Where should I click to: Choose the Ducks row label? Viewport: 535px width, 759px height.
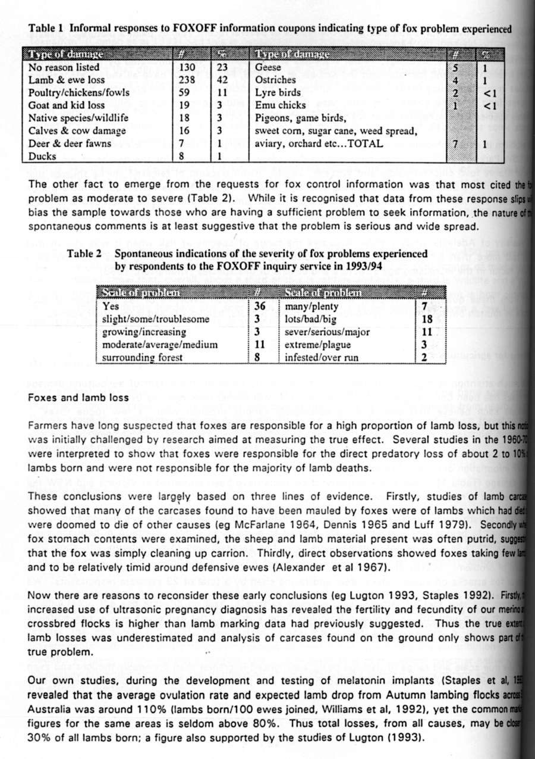(x=42, y=157)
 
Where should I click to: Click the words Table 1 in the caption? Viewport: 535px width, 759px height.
(x=46, y=28)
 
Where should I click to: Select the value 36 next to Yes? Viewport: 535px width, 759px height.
(x=260, y=307)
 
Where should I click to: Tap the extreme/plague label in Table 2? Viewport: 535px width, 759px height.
(x=318, y=345)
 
